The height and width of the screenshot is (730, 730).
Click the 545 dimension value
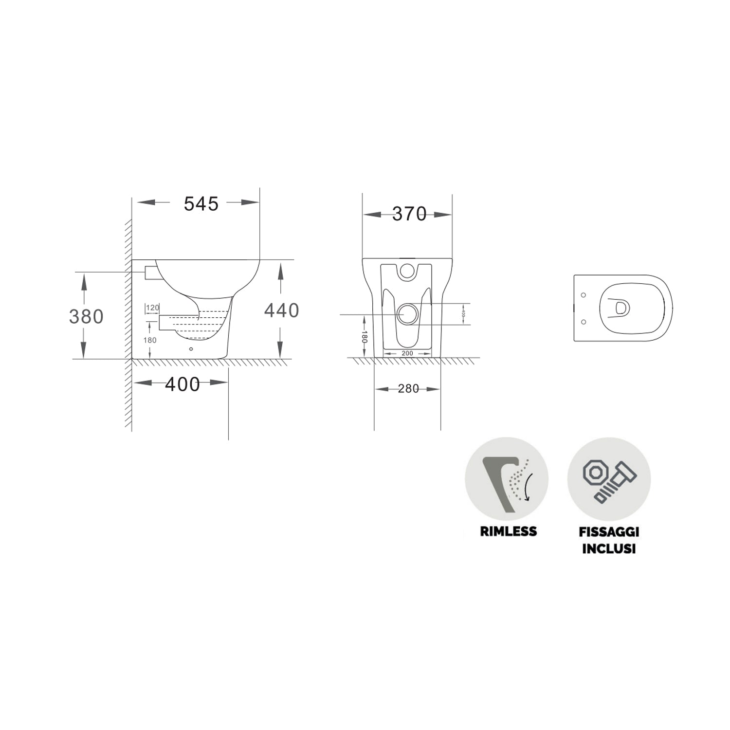(x=201, y=204)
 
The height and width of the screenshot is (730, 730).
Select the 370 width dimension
(x=409, y=214)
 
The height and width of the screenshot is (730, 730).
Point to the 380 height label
(x=86, y=317)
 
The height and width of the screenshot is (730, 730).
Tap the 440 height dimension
(x=281, y=310)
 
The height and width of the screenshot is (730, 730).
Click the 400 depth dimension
(x=182, y=384)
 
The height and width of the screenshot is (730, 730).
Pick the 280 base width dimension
(x=408, y=389)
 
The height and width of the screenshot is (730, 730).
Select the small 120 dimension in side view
(x=153, y=308)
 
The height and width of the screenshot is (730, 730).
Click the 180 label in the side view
(x=150, y=340)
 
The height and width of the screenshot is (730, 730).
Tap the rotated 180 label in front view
(x=364, y=337)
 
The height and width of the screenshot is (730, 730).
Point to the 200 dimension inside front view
(x=407, y=353)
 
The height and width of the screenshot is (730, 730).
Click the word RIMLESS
(x=508, y=531)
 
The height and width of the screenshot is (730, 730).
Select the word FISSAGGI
(x=609, y=532)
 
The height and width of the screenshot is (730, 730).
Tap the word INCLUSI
(x=609, y=548)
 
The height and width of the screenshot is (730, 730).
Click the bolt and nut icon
(x=609, y=479)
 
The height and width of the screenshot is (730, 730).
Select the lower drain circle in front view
(x=407, y=314)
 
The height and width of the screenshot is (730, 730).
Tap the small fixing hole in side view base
(x=191, y=349)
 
